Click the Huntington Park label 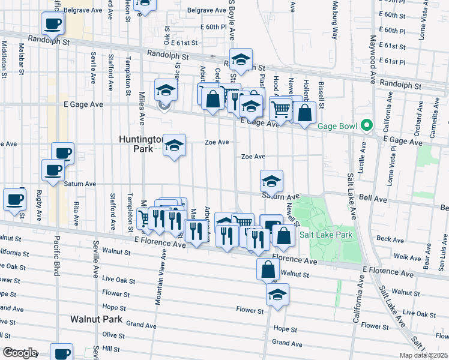pos(140,143)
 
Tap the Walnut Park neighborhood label pos(96,319)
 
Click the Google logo pos(20,353)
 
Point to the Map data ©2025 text pos(423,356)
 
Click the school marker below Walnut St pos(277,295)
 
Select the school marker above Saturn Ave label pos(271,181)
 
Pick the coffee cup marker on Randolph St pos(53,25)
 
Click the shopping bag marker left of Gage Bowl pos(305,113)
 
